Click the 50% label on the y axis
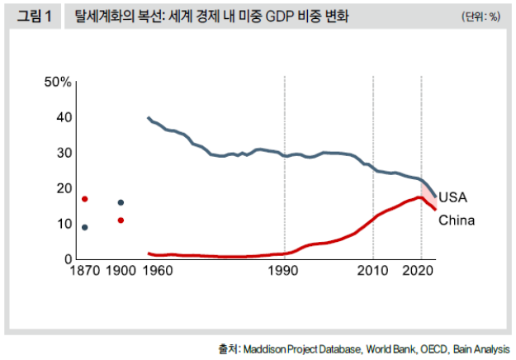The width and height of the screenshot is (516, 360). pos(59,83)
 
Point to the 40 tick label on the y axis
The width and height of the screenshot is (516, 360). pos(63,118)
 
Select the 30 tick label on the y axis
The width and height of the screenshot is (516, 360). pos(63,154)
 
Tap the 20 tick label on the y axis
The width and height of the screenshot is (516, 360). pos(63,189)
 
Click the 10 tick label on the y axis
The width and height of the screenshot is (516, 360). pos(63,225)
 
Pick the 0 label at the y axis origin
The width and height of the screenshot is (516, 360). pos(69,259)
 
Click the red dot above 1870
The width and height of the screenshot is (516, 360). pos(84,199)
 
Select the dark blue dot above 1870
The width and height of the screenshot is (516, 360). pos(84,227)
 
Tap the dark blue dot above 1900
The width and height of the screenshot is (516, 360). pos(121,202)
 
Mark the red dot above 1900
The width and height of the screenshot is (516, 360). pos(121,220)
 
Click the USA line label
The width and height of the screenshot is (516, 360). pos(452,198)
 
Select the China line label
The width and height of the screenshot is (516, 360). pos(456,220)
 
